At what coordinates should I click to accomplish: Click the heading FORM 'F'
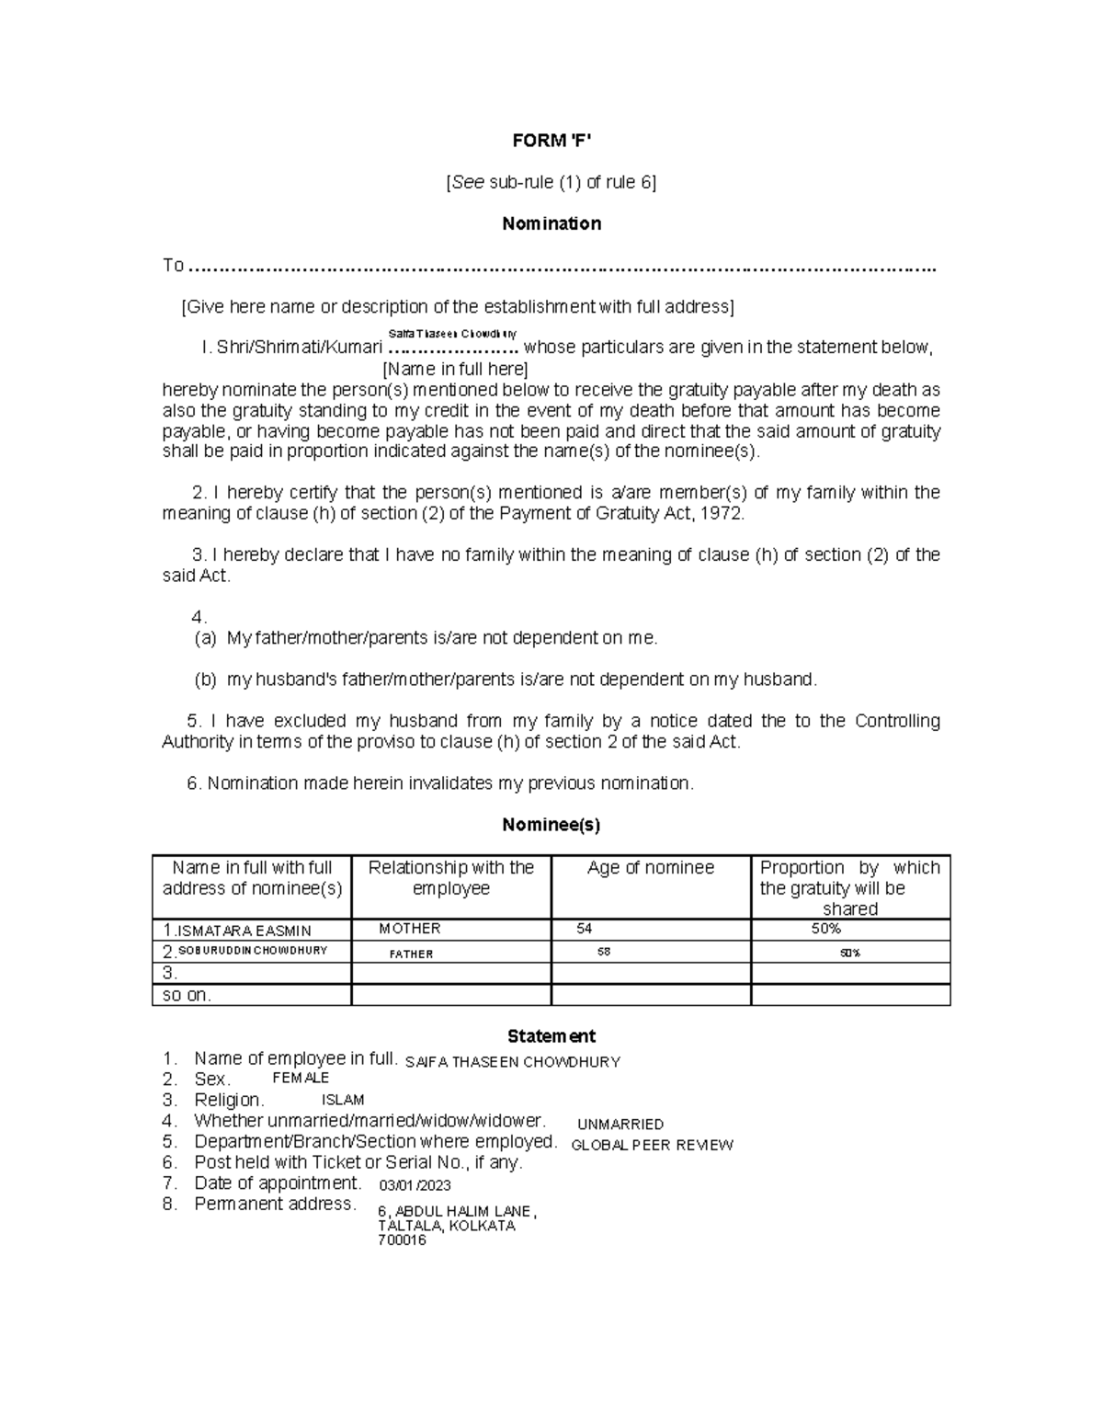coord(551,141)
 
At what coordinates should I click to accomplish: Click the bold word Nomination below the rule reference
coord(551,223)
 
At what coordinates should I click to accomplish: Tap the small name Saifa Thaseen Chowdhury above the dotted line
coord(453,334)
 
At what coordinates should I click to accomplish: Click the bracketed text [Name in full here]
coord(455,369)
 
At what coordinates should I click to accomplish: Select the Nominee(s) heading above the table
coord(551,825)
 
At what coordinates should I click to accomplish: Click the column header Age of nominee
coord(651,868)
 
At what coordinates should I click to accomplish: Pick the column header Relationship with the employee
coord(451,878)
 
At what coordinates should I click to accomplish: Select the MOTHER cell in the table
coord(410,929)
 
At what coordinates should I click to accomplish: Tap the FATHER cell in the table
coord(411,954)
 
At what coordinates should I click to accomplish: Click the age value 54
coord(585,929)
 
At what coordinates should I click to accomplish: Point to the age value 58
coord(604,953)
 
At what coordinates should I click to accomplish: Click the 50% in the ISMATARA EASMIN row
coord(826,929)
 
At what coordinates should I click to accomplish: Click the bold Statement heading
coord(551,1036)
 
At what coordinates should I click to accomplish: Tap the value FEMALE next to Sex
coord(301,1078)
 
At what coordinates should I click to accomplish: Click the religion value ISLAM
coord(343,1100)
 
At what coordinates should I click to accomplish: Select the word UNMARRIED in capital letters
coord(620,1124)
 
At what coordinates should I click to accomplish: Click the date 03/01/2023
coord(415,1185)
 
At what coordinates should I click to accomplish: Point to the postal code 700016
coord(402,1240)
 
